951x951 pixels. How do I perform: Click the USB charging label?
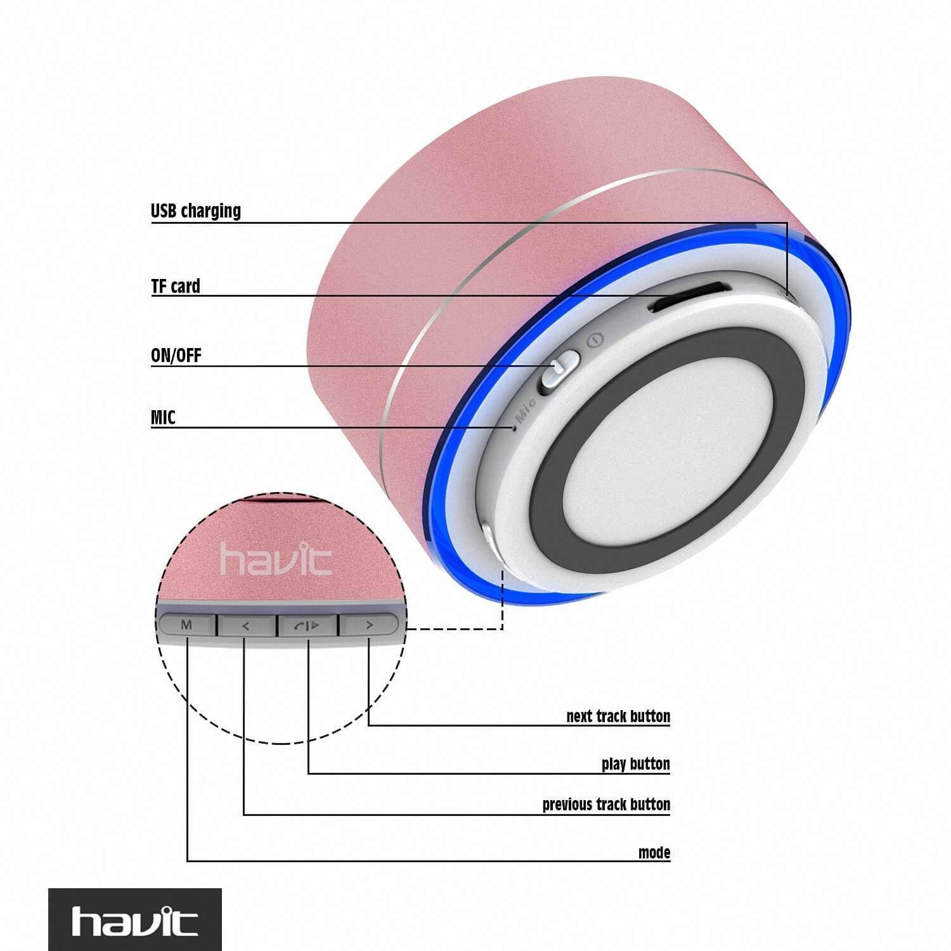pos(196,210)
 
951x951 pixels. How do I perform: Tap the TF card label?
pos(176,286)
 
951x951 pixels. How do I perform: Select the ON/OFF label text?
pos(176,355)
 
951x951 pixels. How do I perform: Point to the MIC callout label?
pos(163,417)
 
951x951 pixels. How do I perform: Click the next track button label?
pos(618,716)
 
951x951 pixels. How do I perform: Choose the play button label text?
pos(636,763)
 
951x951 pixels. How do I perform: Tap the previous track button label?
pos(606,804)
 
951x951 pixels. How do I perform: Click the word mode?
pos(654,852)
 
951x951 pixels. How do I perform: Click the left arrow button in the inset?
pos(247,626)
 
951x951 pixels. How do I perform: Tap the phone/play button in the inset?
pos(307,626)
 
